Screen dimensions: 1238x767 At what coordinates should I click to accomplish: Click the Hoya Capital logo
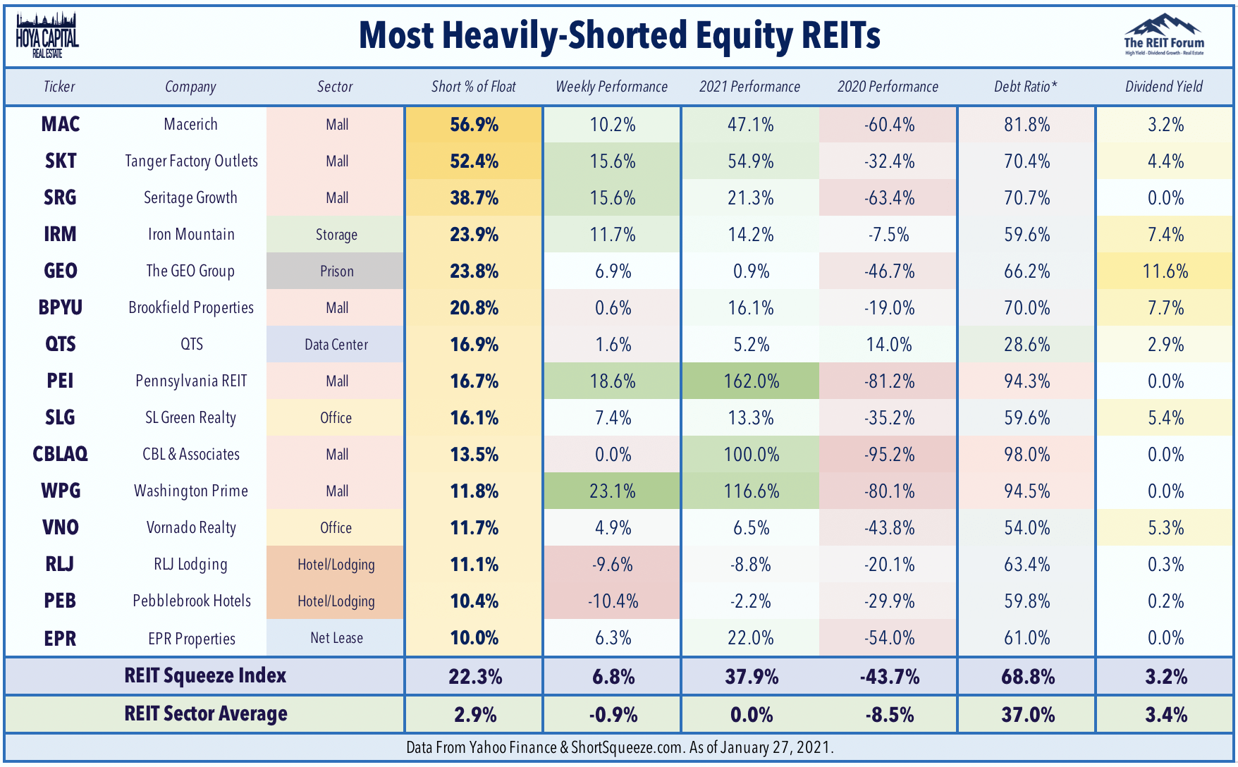pyautogui.click(x=47, y=35)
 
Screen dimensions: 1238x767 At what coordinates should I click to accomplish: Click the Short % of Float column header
pyautogui.click(x=474, y=87)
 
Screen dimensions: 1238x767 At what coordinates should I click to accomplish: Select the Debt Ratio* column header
pyautogui.click(x=1026, y=87)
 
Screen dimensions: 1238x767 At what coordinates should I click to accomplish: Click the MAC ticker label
pyautogui.click(x=61, y=125)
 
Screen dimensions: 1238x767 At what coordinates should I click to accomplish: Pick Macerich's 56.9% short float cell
pyautogui.click(x=474, y=125)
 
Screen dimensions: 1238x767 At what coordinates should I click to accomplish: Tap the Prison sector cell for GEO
pyautogui.click(x=336, y=271)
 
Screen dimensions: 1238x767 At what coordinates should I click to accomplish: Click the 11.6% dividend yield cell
pyautogui.click(x=1165, y=271)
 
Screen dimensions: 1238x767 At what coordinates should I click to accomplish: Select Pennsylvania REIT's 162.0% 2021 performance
pyautogui.click(x=751, y=381)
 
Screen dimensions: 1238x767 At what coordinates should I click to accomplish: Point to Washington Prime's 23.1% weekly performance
pyautogui.click(x=613, y=491)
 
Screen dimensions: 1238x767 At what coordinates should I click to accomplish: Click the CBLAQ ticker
pyautogui.click(x=61, y=454)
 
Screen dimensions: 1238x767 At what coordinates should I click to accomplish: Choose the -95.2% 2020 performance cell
pyautogui.click(x=889, y=455)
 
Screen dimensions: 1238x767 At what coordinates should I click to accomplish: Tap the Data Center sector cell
pyautogui.click(x=336, y=345)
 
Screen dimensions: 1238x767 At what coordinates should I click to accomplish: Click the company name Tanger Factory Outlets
pyautogui.click(x=191, y=161)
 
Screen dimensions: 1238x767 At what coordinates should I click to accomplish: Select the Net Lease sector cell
pyautogui.click(x=336, y=638)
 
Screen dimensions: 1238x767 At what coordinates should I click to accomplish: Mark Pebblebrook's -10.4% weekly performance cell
pyautogui.click(x=613, y=601)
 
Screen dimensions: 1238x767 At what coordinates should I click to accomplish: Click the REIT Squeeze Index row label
pyautogui.click(x=205, y=676)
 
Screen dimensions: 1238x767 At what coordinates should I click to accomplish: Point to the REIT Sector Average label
pyautogui.click(x=206, y=713)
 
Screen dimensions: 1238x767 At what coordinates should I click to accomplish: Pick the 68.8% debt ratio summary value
pyautogui.click(x=1028, y=677)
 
